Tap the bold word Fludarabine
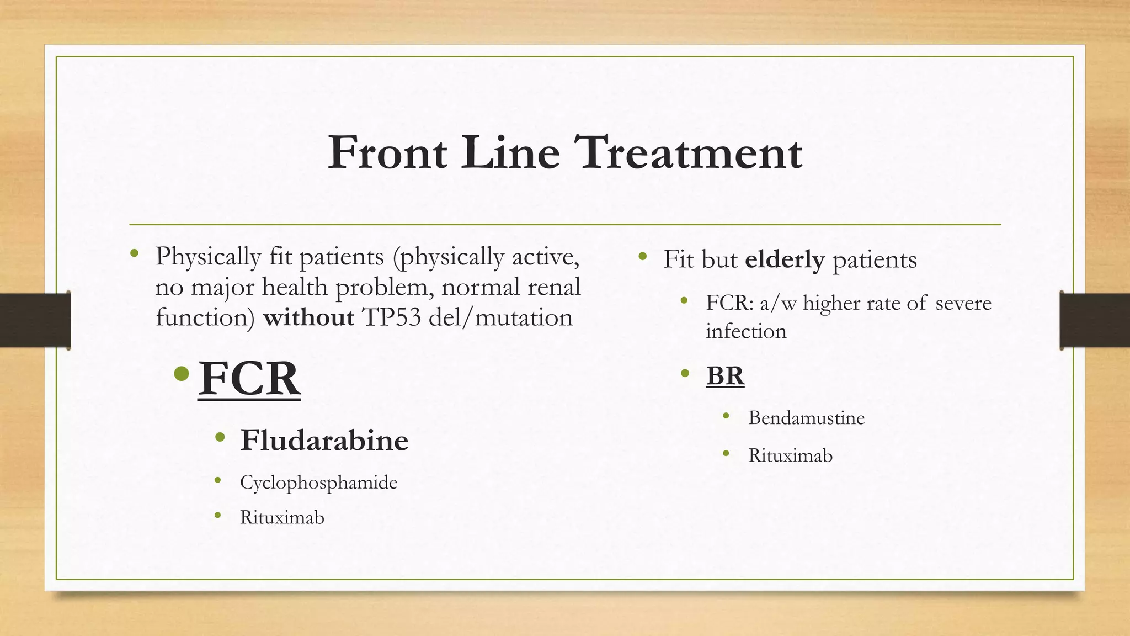click(324, 441)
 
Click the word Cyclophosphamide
click(318, 483)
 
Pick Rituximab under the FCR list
click(282, 517)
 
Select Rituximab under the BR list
click(790, 455)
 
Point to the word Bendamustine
click(806, 418)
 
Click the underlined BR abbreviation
click(725, 376)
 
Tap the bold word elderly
click(785, 259)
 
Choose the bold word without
click(308, 317)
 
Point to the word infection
click(746, 331)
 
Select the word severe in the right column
click(963, 303)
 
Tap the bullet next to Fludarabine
click(220, 438)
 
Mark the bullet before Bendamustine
click(726, 416)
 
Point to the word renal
click(553, 287)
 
